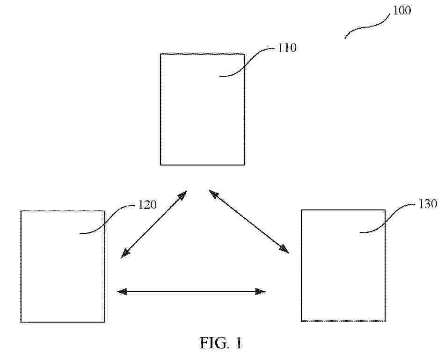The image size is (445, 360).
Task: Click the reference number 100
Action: click(x=402, y=10)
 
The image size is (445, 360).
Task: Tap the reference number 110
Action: click(x=287, y=48)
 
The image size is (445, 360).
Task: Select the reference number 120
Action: click(x=147, y=205)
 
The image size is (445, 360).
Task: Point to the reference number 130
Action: click(x=428, y=204)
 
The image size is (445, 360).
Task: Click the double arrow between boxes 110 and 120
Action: click(x=154, y=224)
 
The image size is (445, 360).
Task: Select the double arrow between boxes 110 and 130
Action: click(x=249, y=222)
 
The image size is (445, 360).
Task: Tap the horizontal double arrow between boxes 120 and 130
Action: click(x=191, y=291)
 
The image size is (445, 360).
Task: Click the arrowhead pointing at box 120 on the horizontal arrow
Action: click(x=122, y=291)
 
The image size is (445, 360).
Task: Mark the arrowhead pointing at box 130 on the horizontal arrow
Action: click(x=261, y=291)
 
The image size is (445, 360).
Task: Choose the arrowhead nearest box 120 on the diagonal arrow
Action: click(x=125, y=254)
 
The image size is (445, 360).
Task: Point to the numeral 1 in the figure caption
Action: click(x=238, y=343)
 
